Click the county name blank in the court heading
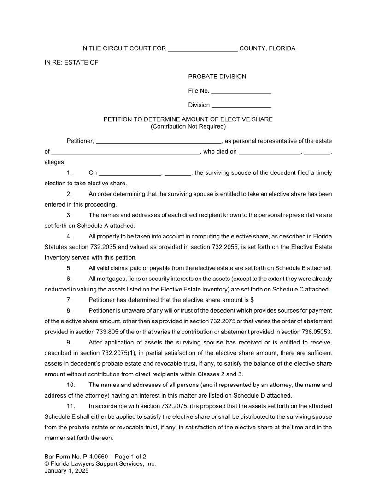pos(203,49)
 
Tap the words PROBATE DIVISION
pos(217,77)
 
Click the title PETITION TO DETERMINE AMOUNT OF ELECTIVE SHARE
pos(188,119)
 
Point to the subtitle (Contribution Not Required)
pos(188,126)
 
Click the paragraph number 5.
pos(69,268)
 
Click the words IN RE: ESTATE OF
pos(71,63)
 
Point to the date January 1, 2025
pos(66,471)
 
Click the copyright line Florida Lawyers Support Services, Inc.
pos(103,464)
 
